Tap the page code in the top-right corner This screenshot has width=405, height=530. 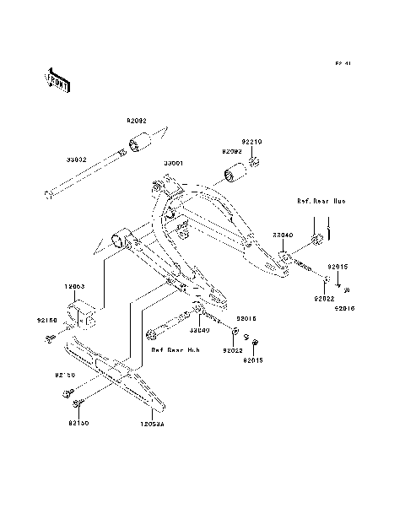pos(342,63)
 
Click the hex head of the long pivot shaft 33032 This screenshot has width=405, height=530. pos(48,196)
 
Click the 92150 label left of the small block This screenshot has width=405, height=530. pos(47,321)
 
